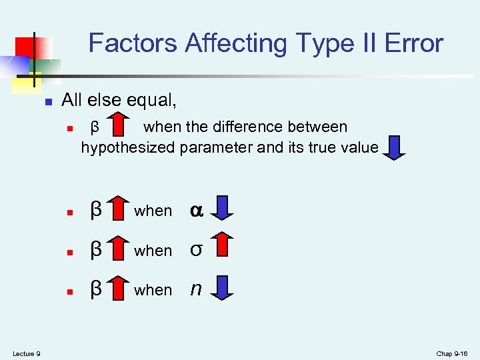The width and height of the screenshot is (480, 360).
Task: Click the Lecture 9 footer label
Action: pyautogui.click(x=26, y=353)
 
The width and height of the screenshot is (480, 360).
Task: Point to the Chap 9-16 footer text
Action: pyautogui.click(x=453, y=353)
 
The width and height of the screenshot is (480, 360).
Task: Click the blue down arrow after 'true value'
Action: pyautogui.click(x=395, y=147)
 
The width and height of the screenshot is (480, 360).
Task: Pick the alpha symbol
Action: pyautogui.click(x=196, y=210)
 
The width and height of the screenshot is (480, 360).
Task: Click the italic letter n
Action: pyautogui.click(x=195, y=289)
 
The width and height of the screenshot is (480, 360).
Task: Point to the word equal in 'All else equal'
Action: pyautogui.click(x=154, y=101)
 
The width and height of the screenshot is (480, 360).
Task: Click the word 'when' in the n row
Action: pyautogui.click(x=153, y=290)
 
